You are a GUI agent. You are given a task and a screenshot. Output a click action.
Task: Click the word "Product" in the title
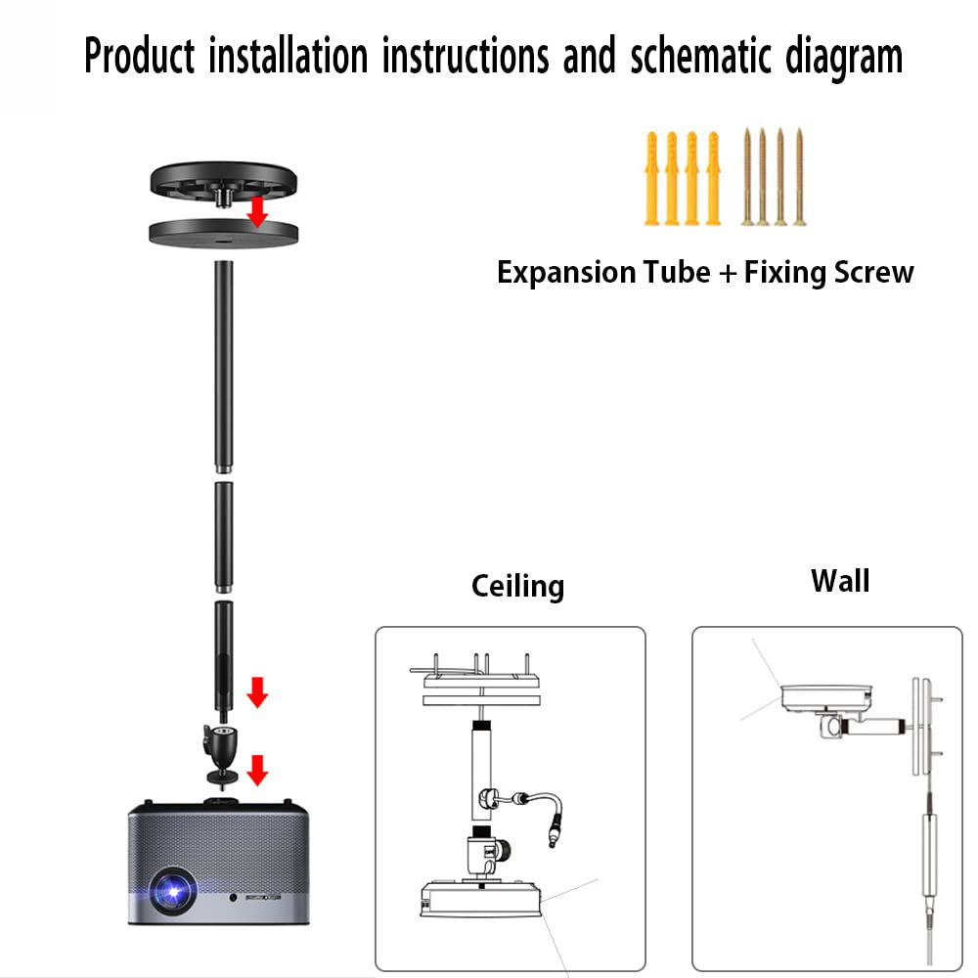point(139,57)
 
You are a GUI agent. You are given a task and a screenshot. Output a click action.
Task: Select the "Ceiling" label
point(517,586)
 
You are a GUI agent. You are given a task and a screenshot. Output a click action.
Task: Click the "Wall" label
point(839,581)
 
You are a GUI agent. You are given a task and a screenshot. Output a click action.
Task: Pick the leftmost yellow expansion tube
point(651,178)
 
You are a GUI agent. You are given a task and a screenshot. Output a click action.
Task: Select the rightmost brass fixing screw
point(799,176)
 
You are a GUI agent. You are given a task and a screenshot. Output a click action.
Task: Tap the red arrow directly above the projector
point(257,770)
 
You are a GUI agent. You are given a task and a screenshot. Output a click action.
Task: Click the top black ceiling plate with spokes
point(223,180)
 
